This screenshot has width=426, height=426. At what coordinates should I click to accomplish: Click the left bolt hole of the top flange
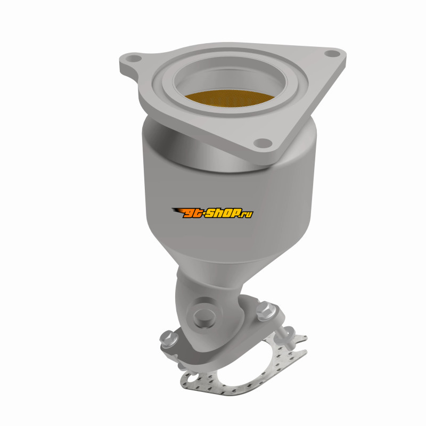tap(134, 59)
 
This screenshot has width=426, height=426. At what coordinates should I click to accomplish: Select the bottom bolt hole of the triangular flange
tap(263, 142)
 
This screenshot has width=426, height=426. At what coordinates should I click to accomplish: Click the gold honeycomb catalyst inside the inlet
tap(230, 99)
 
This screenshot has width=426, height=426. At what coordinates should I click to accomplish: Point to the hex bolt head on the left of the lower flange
tap(168, 338)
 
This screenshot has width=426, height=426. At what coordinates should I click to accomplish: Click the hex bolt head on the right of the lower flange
tap(266, 310)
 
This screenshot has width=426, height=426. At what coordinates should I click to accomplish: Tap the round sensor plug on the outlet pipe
tap(204, 316)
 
